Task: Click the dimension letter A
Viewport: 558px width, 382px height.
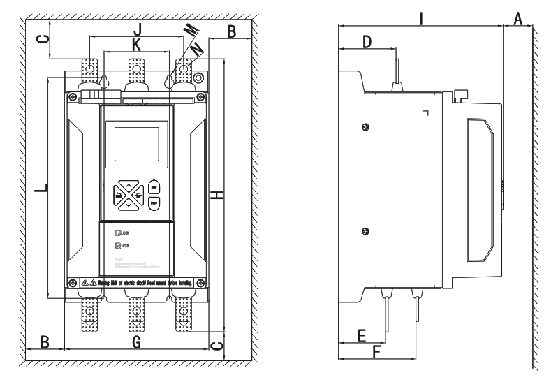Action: click(x=517, y=18)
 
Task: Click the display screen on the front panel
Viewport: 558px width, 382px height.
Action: click(x=136, y=143)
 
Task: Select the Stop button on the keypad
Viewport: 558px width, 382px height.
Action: click(x=154, y=203)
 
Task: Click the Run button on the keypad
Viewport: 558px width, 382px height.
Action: click(x=154, y=187)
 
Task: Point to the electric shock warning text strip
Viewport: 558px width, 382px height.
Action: click(x=137, y=282)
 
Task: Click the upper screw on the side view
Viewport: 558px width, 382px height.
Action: click(x=365, y=126)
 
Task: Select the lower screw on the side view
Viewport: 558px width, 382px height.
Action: click(x=365, y=231)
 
